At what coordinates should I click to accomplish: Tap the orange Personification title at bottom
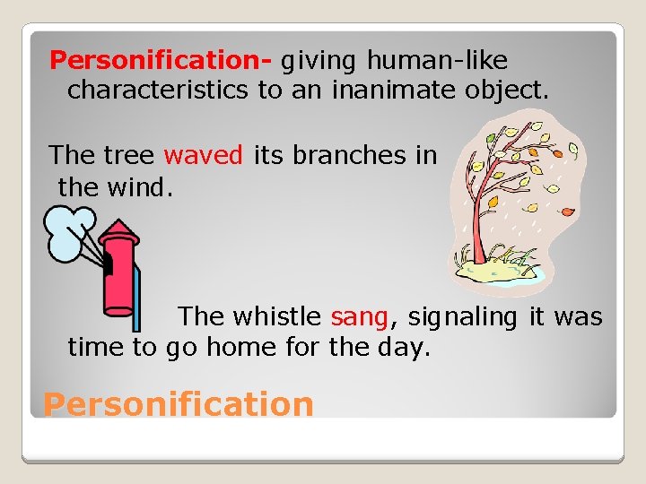point(179,404)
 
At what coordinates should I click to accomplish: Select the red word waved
point(204,155)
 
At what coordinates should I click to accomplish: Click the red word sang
point(359,316)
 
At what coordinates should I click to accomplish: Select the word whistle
point(277,316)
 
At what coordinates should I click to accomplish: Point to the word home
point(232,347)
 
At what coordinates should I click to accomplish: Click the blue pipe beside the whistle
point(136,301)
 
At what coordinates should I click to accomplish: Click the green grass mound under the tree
point(494,265)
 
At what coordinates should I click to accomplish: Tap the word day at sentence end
point(398,347)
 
